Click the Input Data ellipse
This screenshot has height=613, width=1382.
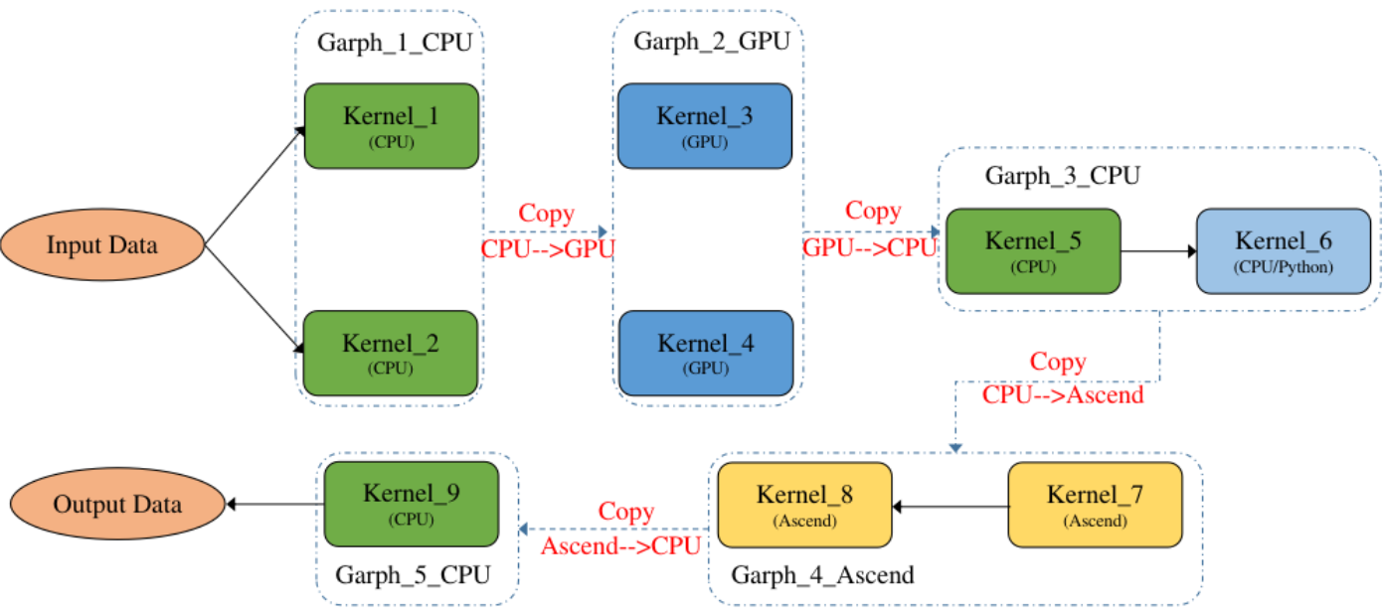[101, 244]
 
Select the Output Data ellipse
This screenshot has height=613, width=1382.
[117, 504]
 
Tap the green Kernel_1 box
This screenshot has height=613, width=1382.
[391, 126]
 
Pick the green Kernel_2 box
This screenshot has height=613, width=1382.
[391, 353]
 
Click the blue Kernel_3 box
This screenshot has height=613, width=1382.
[704, 126]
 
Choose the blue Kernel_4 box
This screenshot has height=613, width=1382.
[705, 354]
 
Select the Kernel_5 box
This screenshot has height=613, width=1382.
[1033, 251]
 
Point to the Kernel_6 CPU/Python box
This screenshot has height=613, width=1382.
[1283, 251]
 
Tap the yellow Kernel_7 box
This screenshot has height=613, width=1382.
[1096, 505]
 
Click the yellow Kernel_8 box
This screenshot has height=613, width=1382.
[804, 505]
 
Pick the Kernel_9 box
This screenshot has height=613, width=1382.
[412, 504]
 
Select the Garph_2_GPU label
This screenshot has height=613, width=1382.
[712, 42]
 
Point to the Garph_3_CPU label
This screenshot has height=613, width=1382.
[1063, 177]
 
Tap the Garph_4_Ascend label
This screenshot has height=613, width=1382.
[822, 575]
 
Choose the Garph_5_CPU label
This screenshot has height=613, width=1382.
[413, 575]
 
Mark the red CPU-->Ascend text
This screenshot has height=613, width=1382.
[1063, 394]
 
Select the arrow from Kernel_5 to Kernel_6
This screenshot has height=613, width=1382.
[1158, 251]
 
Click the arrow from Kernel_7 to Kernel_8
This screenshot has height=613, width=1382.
[950, 506]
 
